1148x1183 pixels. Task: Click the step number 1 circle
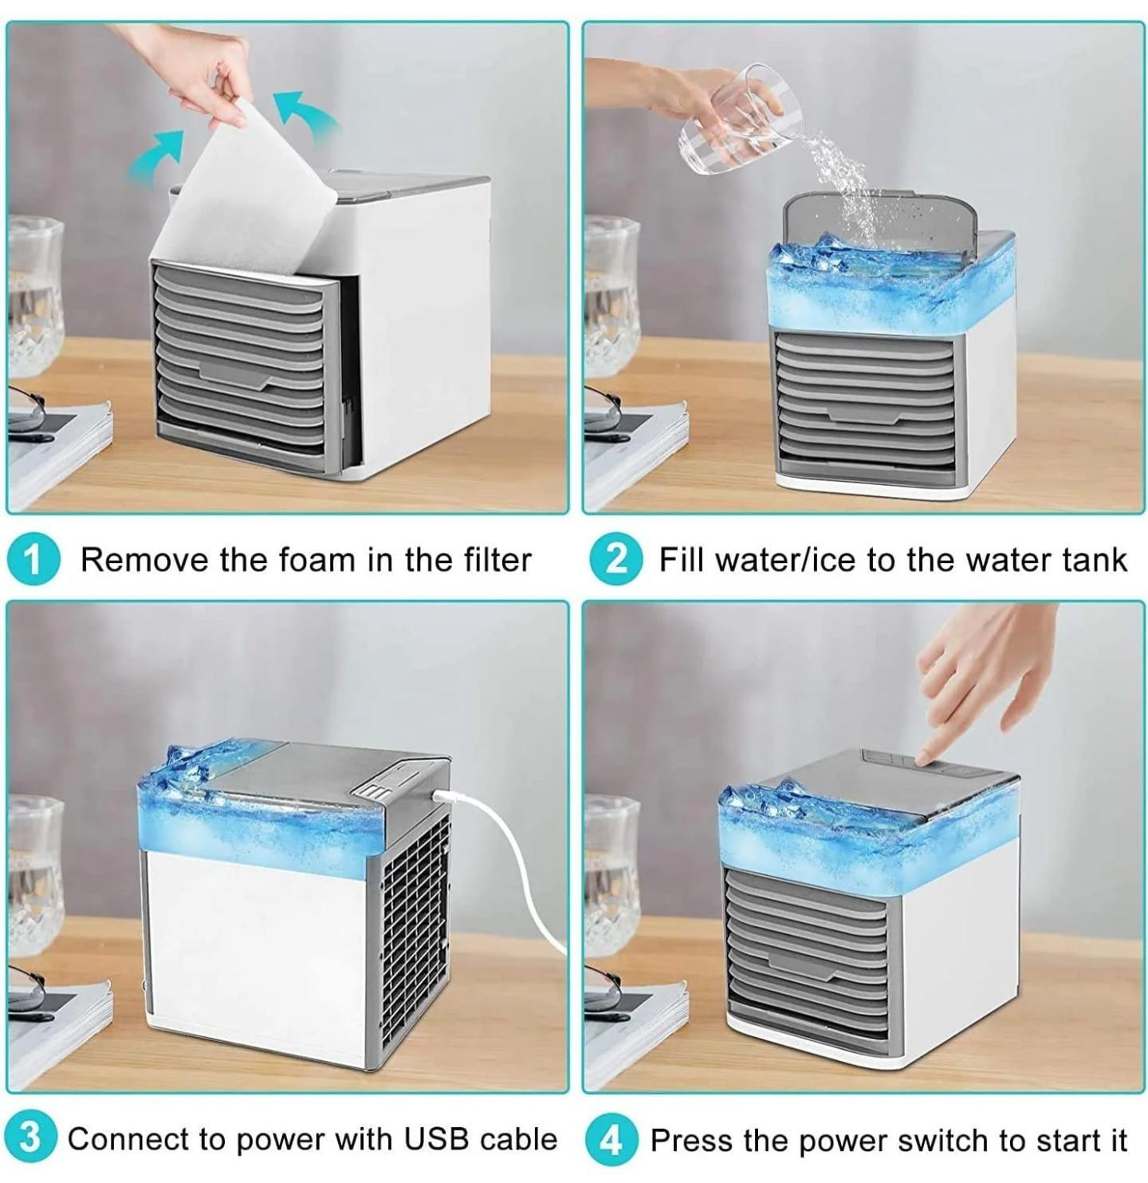click(x=33, y=560)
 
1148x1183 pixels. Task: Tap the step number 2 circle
click(x=615, y=560)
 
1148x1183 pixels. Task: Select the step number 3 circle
click(x=29, y=1138)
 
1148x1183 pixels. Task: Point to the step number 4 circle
click(x=610, y=1140)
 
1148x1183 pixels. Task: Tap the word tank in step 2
click(x=1095, y=560)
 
